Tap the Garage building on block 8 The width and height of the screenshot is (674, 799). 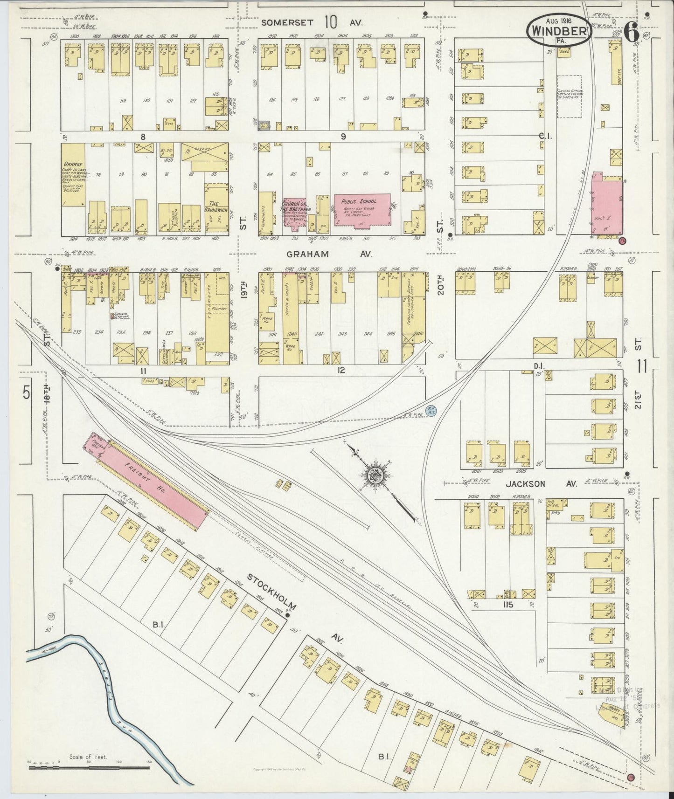(74, 175)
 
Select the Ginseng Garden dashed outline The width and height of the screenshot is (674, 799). (569, 96)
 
